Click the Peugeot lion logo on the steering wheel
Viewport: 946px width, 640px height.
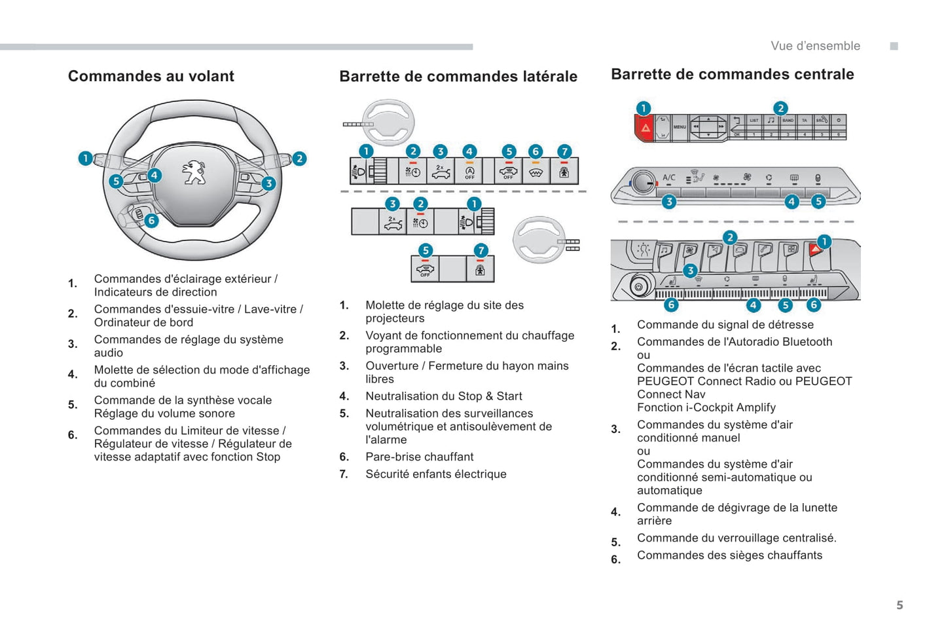194,172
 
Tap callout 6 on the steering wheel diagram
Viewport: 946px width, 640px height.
151,220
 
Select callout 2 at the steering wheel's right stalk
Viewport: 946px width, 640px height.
299,159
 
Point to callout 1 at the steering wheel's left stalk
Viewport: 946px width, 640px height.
85,158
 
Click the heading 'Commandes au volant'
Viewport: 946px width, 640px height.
151,76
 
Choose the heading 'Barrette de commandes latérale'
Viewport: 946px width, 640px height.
458,77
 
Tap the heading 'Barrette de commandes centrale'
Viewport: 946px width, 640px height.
732,74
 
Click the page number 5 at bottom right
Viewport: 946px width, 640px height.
900,605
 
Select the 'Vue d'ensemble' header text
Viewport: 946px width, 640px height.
815,46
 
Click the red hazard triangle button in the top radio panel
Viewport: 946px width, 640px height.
646,128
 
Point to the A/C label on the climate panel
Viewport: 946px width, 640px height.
669,178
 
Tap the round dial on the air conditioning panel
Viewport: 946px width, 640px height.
644,182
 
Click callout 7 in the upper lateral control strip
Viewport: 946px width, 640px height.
564,151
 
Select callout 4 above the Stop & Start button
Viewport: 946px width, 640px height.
469,151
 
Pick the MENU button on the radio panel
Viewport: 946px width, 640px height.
680,127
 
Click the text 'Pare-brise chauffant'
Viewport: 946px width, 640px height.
419,457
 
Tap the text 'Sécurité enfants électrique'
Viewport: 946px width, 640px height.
435,474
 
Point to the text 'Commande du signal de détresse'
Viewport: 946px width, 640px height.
725,324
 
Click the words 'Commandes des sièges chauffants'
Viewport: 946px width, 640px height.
729,555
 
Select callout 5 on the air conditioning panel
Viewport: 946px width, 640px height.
818,202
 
